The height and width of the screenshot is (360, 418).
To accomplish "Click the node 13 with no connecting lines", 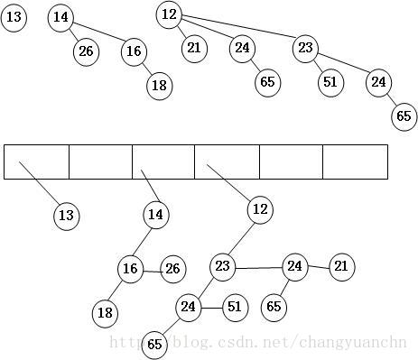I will (14, 17).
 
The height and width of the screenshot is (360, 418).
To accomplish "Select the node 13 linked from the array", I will (65, 216).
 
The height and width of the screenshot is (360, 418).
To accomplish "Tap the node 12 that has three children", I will (169, 14).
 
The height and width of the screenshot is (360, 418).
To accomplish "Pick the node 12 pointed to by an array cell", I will (260, 209).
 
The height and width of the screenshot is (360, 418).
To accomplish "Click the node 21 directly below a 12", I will (194, 47).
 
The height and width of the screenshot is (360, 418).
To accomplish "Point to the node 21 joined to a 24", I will (341, 266).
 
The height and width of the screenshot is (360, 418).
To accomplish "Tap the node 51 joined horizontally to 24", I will (235, 308).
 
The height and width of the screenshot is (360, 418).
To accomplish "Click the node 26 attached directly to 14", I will (86, 51).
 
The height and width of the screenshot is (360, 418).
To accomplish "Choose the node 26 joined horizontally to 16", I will (172, 268).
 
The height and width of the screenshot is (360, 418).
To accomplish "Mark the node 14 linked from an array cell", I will (155, 215).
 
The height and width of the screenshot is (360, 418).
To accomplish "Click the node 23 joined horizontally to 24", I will (223, 267).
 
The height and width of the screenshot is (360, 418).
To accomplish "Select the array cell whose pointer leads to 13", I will (36, 162).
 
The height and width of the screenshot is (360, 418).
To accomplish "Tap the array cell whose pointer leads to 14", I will (163, 162).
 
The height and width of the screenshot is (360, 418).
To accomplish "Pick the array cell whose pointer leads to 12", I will (227, 162).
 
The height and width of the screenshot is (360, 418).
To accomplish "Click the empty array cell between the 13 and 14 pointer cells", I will (100, 162).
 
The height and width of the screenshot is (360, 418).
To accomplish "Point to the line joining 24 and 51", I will (211, 308).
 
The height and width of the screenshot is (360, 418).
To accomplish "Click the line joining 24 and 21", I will (318, 266).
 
